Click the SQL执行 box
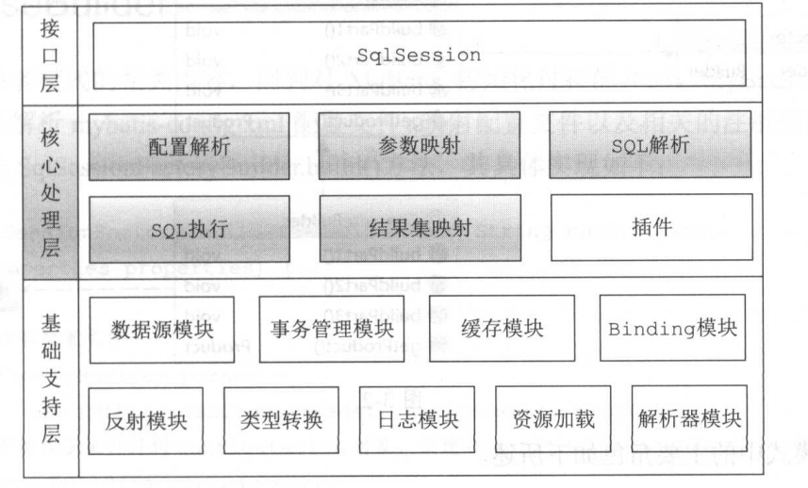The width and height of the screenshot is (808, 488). coord(189,228)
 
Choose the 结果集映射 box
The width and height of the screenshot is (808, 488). coord(419,228)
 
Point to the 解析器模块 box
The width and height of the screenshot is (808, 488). coord(688,419)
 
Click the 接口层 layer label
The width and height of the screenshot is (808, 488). coord(50,56)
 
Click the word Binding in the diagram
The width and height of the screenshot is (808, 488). coord(648,331)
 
